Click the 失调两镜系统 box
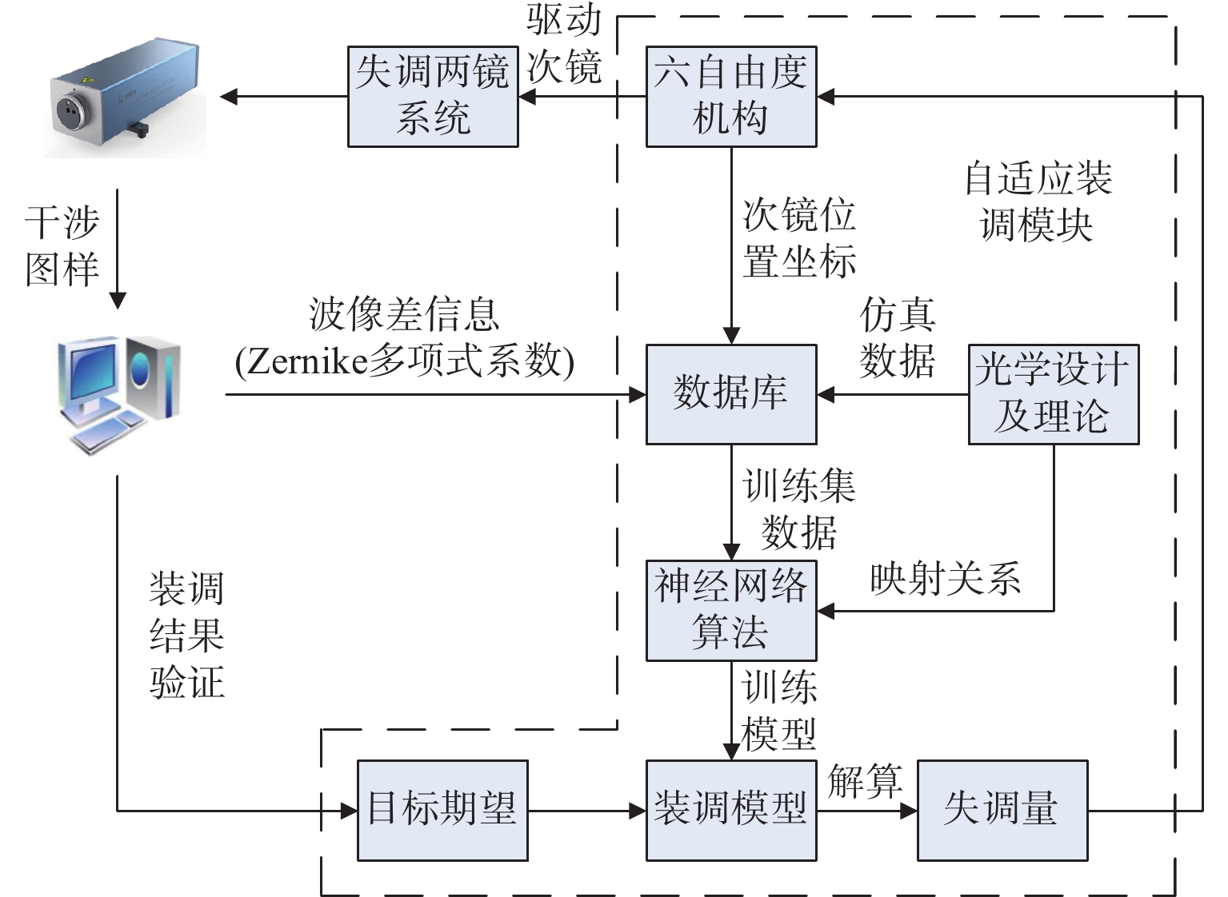433,97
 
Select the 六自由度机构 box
730,97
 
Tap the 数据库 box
730,394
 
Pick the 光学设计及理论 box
1053,394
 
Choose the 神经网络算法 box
730,611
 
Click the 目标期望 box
442,810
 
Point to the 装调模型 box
730,810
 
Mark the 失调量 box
1002,810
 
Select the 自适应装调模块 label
1038,201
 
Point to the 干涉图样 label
62,245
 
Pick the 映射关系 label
945,578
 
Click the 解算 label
865,781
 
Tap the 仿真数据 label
898,338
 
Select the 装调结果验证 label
186,636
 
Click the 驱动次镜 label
564,44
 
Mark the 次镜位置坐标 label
799,238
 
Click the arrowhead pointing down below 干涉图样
118,301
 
